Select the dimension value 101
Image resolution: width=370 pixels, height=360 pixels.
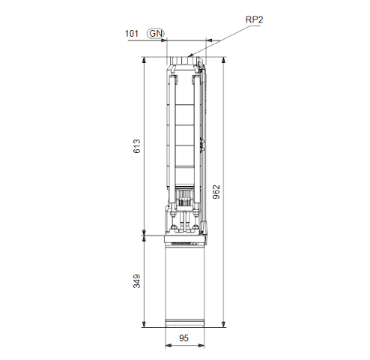[x=132, y=33]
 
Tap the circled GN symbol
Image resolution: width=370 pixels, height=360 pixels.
[x=156, y=33]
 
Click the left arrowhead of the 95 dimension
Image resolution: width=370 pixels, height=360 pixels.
[x=167, y=346]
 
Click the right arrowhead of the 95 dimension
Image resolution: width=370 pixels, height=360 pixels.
[x=202, y=346]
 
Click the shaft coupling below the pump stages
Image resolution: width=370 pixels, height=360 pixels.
[x=184, y=202]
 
